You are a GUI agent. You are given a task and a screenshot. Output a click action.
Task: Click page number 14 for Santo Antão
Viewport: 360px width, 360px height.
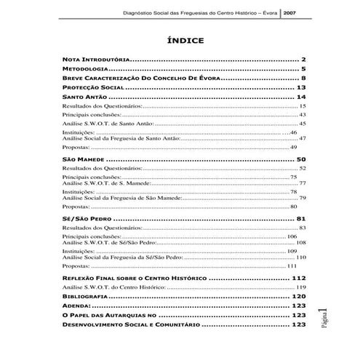click(300, 97)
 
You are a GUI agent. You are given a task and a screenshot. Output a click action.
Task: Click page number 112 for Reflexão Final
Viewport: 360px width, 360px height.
click(298, 279)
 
